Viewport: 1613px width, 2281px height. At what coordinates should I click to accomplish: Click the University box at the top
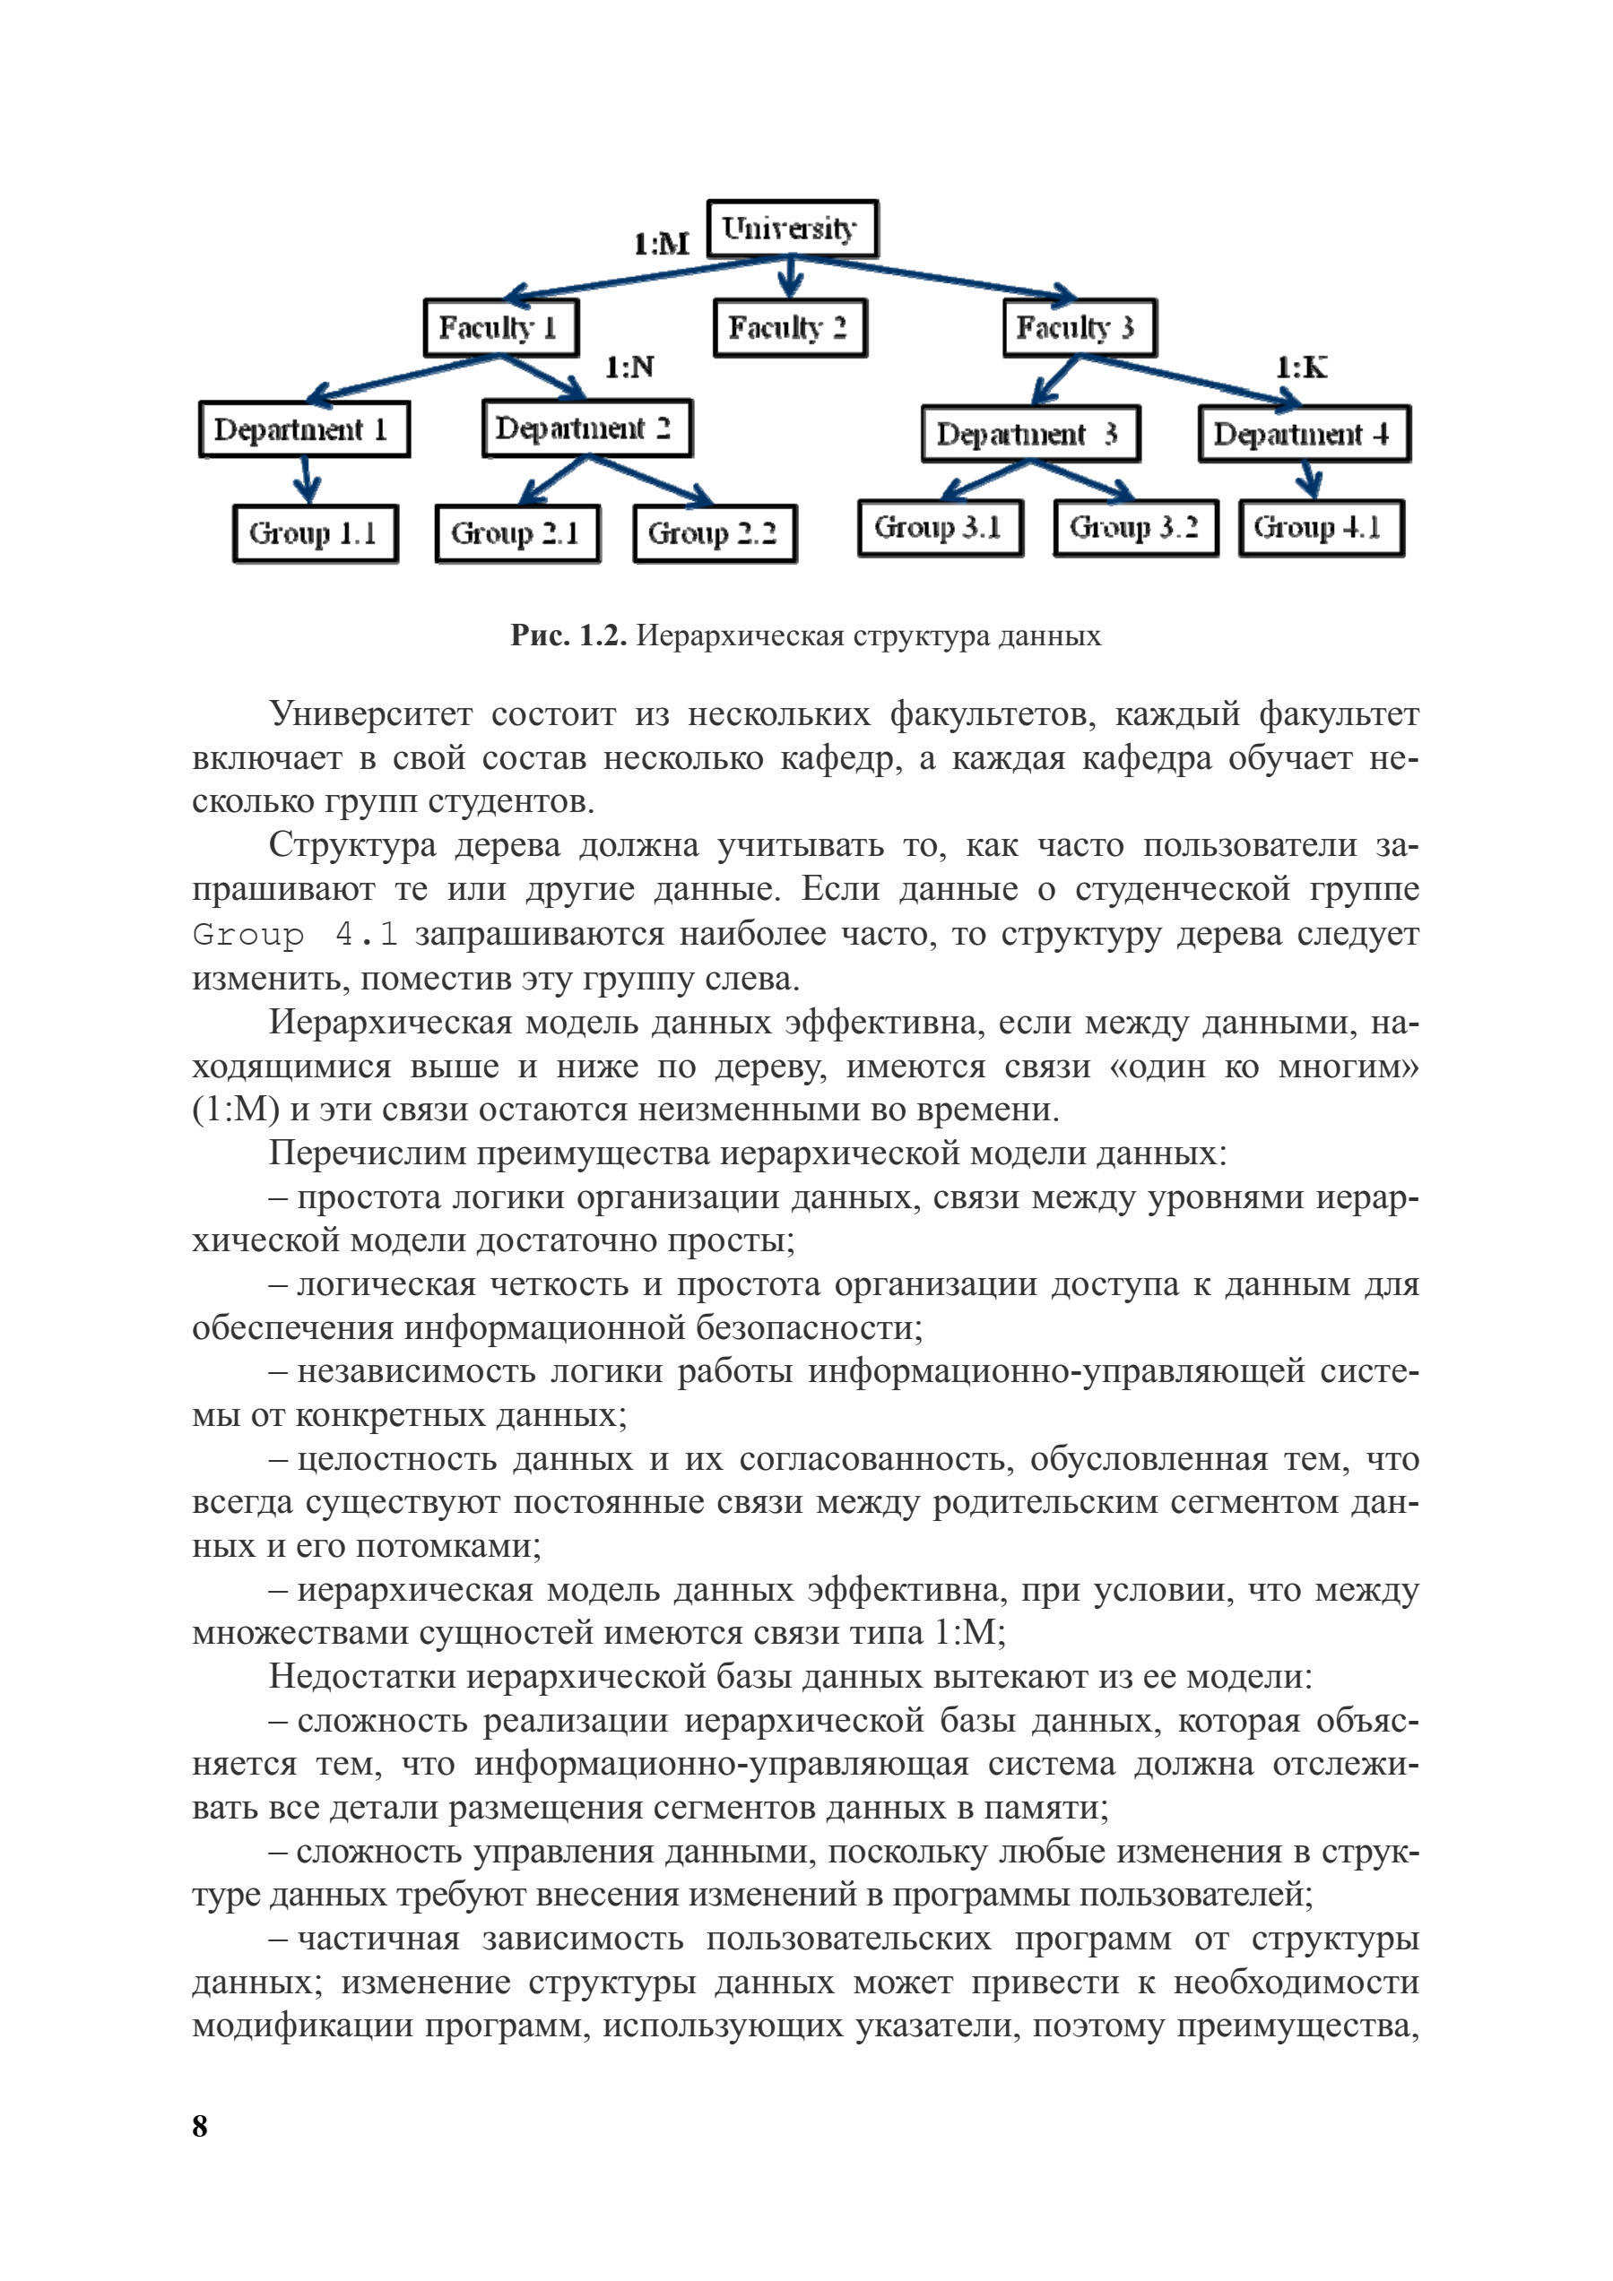coord(792,229)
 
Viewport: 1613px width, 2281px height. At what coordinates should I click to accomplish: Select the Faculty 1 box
coord(501,327)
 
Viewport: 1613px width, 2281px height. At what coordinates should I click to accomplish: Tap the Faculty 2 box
coord(790,327)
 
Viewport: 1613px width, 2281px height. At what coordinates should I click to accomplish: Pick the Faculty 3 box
coord(1080,327)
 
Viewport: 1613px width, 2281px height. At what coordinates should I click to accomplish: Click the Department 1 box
coord(304,429)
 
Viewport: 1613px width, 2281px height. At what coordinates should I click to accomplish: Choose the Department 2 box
coord(586,428)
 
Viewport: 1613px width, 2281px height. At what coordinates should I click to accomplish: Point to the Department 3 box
coord(1030,433)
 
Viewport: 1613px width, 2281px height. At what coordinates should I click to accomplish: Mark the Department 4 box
coord(1304,433)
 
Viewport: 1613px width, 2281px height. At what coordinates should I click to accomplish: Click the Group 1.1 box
coord(315,533)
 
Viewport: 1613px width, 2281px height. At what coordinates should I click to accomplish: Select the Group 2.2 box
coord(715,533)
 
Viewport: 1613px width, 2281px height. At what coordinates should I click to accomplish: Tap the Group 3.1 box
coord(941,528)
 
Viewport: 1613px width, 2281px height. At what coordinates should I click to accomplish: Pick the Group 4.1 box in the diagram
coord(1321,528)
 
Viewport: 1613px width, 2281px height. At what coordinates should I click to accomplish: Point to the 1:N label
coord(629,367)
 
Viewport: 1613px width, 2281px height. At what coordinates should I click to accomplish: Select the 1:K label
coord(1301,367)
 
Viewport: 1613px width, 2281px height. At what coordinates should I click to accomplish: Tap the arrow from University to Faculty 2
coord(790,277)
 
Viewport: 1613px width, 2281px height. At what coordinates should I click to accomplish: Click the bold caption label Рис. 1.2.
coord(568,635)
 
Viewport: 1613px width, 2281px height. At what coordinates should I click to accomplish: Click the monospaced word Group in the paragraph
coord(248,935)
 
